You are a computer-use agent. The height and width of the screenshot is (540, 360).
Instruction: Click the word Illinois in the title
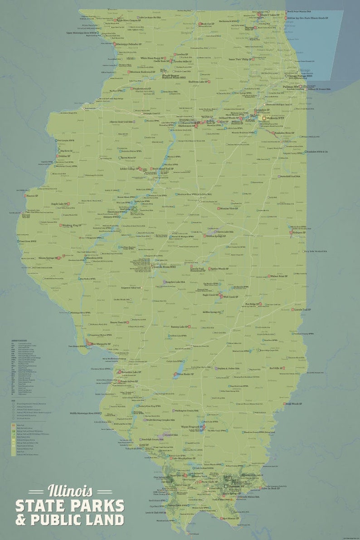pos(70,491)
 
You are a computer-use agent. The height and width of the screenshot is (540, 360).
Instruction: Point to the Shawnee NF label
pos(235,486)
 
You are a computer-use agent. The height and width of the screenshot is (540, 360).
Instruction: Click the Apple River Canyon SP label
pos(131,20)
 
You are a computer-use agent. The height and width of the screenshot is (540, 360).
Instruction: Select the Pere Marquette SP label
pos(100,344)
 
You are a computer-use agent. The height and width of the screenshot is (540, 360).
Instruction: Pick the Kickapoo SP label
pos(299,232)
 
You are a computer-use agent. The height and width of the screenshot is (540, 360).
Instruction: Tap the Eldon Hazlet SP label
pos(185,374)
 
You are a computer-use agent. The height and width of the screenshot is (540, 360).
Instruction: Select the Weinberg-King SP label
pos(71,225)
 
